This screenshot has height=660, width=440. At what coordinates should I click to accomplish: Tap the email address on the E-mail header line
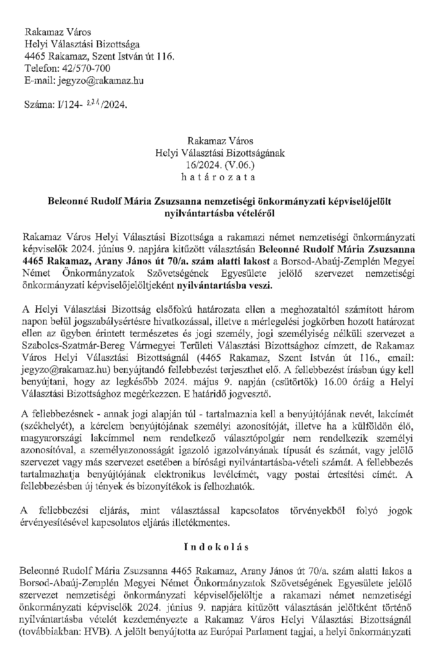[x=100, y=81]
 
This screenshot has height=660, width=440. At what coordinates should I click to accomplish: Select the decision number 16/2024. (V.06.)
[x=220, y=165]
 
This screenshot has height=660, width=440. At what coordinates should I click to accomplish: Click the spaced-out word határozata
[x=220, y=177]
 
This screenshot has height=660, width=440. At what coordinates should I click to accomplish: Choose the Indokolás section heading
[x=216, y=547]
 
